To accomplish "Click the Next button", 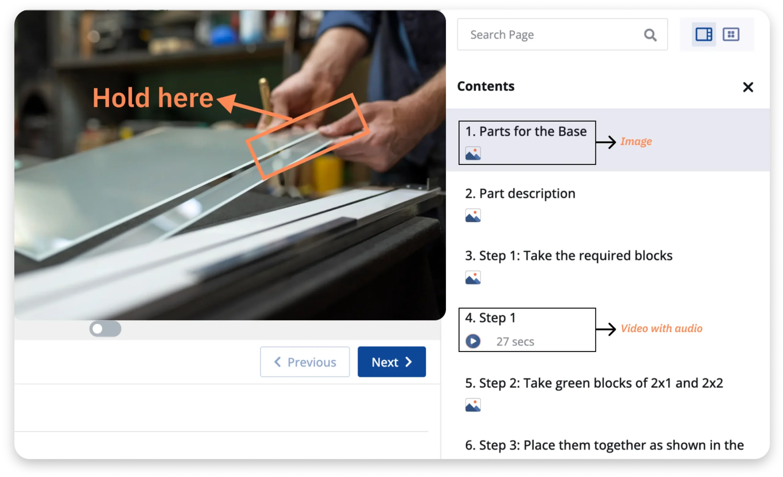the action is point(391,362).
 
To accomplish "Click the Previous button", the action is point(305,362).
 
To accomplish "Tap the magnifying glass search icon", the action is point(650,35).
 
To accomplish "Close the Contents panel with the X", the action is point(748,87).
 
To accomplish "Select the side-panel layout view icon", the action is point(703,34).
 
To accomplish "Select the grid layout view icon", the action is point(731,34).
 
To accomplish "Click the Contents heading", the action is point(486,86).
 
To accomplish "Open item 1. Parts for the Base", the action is point(526,131).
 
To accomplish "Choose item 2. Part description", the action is point(520,194).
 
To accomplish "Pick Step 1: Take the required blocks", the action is point(569,256).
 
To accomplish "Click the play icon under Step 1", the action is point(473,341).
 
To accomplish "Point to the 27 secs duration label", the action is point(515,342).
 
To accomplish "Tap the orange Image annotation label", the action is point(636,141).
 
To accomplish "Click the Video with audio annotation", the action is point(662,328).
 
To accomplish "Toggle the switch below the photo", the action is point(105,329).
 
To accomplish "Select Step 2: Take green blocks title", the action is point(594,383).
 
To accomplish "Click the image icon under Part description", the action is point(473,216).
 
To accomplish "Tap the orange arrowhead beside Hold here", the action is point(228,102).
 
